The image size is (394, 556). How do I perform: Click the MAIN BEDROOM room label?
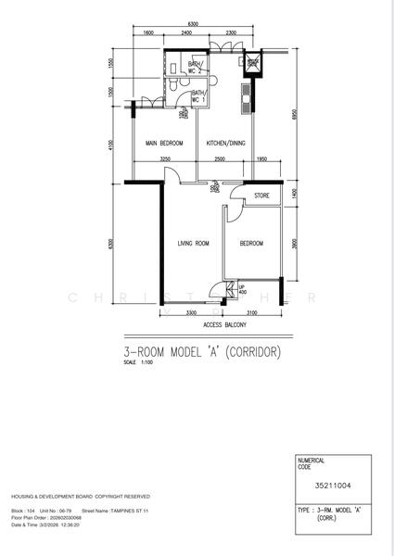point(164,144)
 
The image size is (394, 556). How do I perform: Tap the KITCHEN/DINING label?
point(225,144)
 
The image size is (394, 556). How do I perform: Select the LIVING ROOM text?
point(193,244)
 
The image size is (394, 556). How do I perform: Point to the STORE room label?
point(261,196)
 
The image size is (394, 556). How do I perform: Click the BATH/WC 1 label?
point(199,96)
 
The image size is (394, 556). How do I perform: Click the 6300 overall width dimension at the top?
point(193,22)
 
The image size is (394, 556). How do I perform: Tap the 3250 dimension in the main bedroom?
point(166,159)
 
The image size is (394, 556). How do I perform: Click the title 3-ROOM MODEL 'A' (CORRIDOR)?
point(201,352)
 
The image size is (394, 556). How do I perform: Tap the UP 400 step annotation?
point(242,289)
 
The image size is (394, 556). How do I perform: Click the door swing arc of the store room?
point(235,210)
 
